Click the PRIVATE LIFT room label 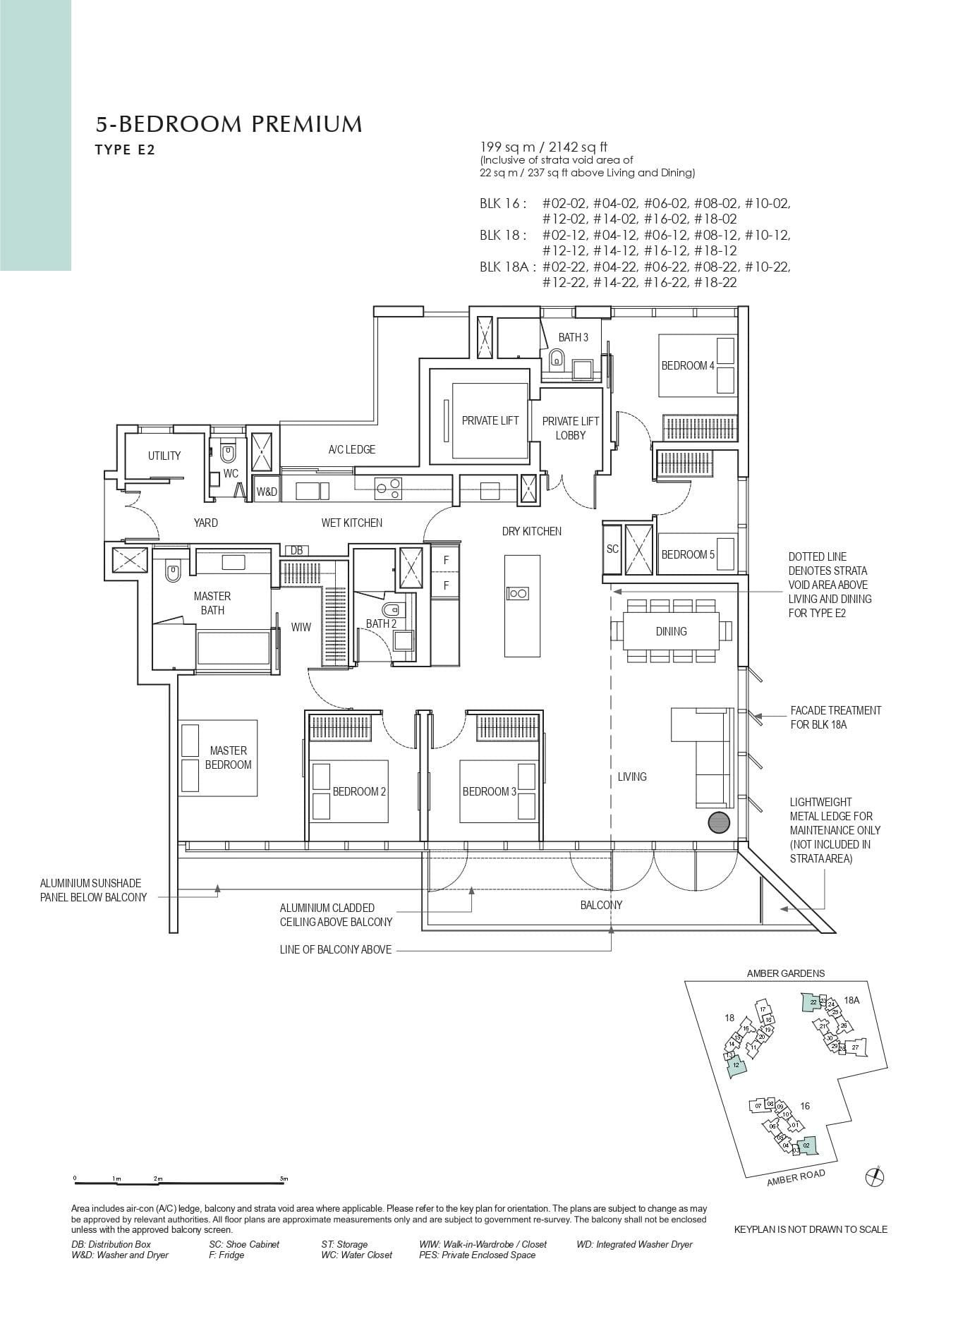[x=490, y=420]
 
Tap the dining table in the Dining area [x=671, y=631]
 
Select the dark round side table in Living [x=719, y=822]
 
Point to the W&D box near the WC [x=267, y=492]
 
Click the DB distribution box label [x=296, y=550]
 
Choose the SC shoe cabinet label [x=612, y=549]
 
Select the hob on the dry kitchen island [x=518, y=593]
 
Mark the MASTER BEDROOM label [x=228, y=757]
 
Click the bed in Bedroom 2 [x=349, y=791]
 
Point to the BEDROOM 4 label [x=688, y=365]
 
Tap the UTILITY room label [x=164, y=456]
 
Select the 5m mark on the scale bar [x=284, y=1179]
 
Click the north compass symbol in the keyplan [x=874, y=1176]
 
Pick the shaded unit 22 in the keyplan [x=813, y=1002]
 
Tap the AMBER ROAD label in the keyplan [x=795, y=1178]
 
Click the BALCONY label [x=601, y=905]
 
